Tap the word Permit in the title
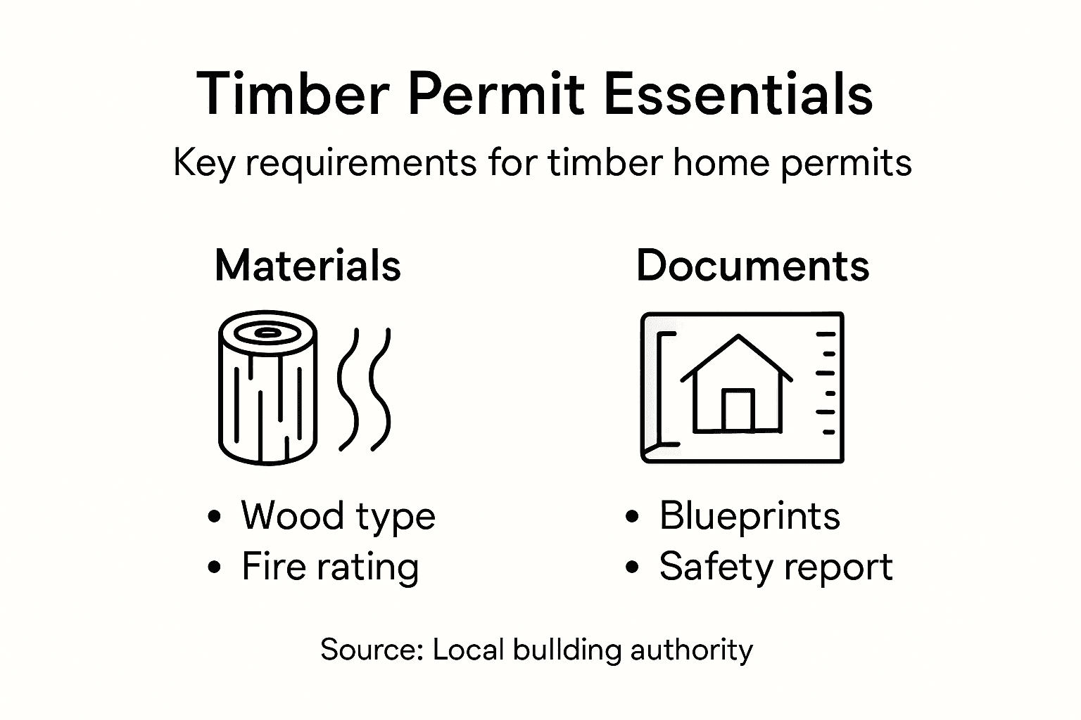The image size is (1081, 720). pyautogui.click(x=495, y=94)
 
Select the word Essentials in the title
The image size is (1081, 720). pyautogui.click(x=738, y=94)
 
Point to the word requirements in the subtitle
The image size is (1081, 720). pyautogui.click(x=360, y=164)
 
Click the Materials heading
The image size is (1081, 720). pyautogui.click(x=308, y=266)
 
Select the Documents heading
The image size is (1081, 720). pyautogui.click(x=752, y=266)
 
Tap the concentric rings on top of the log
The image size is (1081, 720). pyautogui.click(x=267, y=333)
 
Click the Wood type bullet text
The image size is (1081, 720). pyautogui.click(x=338, y=516)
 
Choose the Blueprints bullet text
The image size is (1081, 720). pyautogui.click(x=749, y=516)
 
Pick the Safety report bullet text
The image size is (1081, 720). pyautogui.click(x=775, y=567)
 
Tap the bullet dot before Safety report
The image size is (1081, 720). pyautogui.click(x=633, y=567)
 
